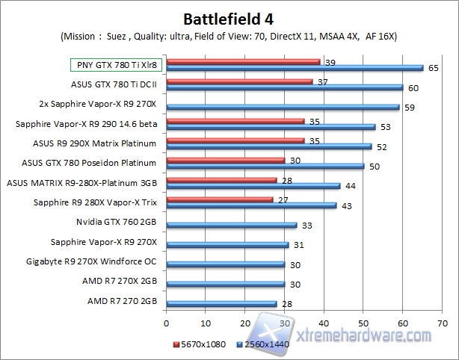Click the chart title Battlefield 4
229,17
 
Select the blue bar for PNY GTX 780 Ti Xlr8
293,68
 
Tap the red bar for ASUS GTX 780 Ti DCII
239,81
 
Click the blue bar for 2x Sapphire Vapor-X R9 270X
283,107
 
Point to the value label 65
434,68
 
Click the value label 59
410,107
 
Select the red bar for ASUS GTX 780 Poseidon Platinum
225,159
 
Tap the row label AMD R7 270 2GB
122,301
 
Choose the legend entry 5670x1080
201,346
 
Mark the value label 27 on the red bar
283,199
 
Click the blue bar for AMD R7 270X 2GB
226,283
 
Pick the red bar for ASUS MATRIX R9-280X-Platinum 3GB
221,179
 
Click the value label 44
351,185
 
